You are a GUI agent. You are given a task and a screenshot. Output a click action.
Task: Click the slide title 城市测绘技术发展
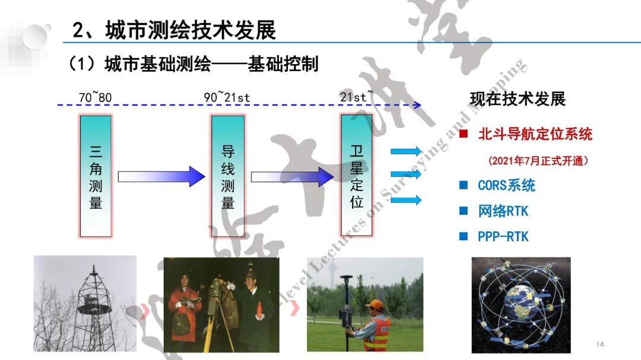174,30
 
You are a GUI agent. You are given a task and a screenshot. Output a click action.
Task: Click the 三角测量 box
96,176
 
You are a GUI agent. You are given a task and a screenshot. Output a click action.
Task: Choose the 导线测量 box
228,176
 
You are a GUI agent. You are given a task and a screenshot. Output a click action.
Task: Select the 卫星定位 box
356,176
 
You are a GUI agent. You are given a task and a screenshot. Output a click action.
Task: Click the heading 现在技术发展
518,98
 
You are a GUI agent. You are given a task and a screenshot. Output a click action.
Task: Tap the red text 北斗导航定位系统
535,134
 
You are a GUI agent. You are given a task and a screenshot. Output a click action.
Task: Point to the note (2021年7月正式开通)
538,161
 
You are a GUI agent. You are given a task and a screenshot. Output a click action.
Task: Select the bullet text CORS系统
506,185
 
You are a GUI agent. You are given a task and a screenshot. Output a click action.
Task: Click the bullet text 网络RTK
503,211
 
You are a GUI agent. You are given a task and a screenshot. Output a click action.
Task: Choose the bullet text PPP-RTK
503,236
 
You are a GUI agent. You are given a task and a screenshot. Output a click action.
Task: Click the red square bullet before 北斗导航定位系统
464,134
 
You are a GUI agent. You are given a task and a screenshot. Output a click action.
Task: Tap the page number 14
599,345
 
